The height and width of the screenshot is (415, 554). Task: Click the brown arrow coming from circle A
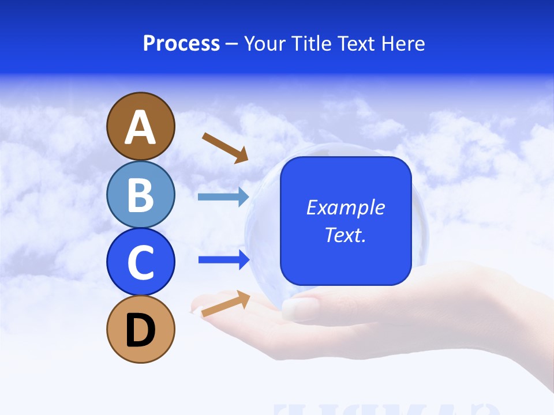(225, 148)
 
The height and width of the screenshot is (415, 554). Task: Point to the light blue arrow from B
(223, 197)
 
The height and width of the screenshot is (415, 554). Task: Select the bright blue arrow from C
(224, 260)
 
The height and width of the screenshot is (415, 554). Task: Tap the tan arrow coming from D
(226, 303)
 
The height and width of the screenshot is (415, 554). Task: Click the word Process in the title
(181, 43)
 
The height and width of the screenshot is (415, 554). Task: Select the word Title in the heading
(311, 44)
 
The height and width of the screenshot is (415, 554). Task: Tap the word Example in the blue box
(345, 207)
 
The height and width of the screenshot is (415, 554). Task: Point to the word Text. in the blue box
(345, 235)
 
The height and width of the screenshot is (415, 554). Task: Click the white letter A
(140, 127)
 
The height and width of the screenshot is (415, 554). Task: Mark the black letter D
(140, 330)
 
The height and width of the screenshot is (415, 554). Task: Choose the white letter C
(140, 263)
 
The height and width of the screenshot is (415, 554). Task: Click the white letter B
(140, 195)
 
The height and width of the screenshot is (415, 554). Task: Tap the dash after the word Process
(232, 44)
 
